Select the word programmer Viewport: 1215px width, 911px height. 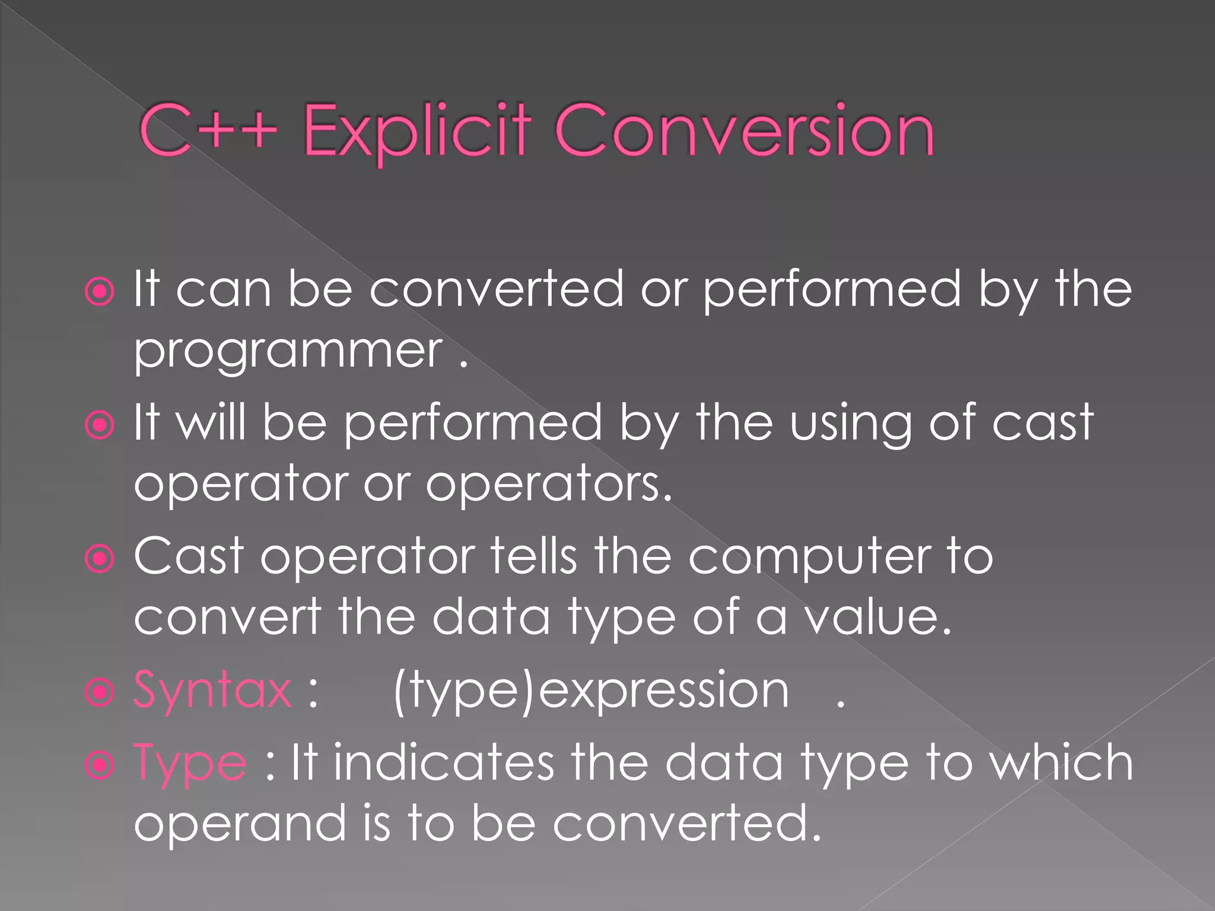[x=288, y=351]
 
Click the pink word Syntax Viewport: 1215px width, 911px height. [x=212, y=690]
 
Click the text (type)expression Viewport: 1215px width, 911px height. [x=591, y=690]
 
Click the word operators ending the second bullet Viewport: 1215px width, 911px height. [x=548, y=484]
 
